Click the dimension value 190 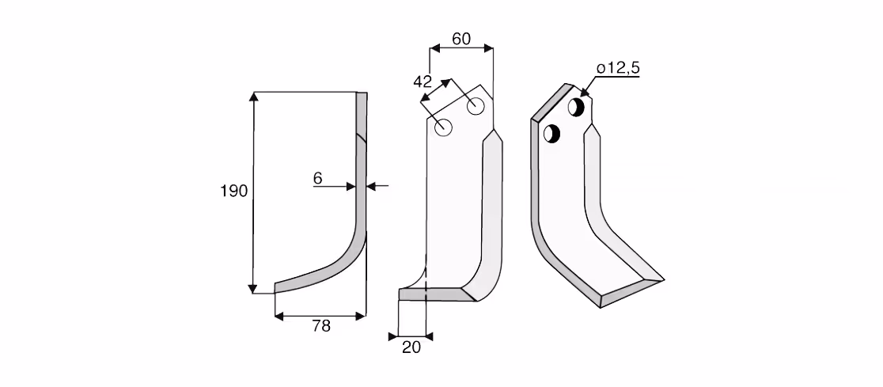click(x=233, y=191)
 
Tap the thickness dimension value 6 click(x=317, y=179)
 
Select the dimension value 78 click(x=321, y=326)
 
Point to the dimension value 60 click(x=460, y=39)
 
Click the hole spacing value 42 click(x=423, y=82)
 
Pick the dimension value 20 click(x=411, y=347)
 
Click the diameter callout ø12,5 click(x=618, y=68)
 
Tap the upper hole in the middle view click(x=476, y=106)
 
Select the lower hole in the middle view click(x=445, y=127)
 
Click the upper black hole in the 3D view click(x=576, y=107)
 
